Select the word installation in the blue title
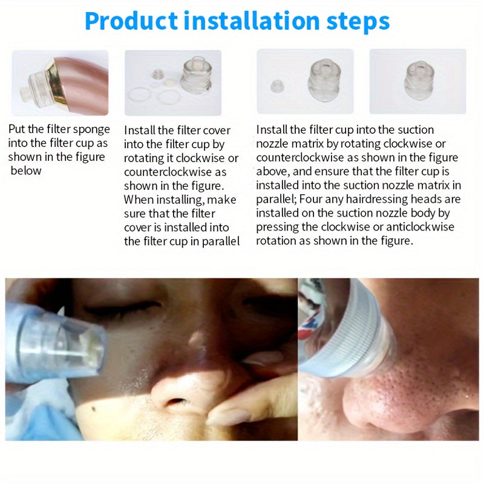(253, 21)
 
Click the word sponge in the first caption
(91, 129)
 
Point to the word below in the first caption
(27, 171)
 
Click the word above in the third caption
(271, 171)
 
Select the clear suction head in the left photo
(57, 345)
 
